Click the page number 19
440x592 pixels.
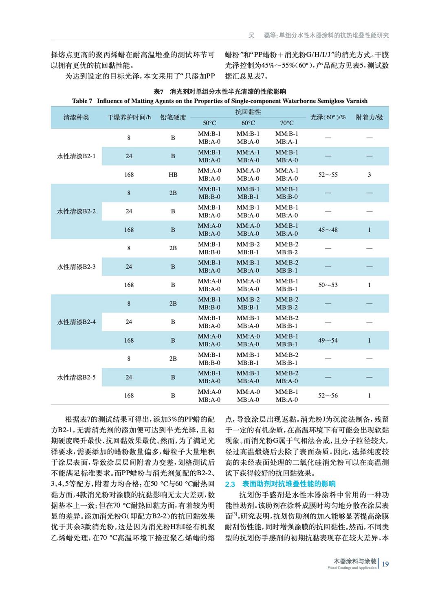point(385,564)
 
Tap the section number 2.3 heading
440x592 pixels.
point(230,484)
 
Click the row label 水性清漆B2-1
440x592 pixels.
point(76,156)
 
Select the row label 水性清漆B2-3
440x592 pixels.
point(76,267)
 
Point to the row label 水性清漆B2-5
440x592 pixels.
point(76,377)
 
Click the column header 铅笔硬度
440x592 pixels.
point(173,118)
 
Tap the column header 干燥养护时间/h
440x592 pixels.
point(129,118)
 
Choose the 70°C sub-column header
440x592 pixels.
point(286,123)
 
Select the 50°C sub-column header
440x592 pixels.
point(209,123)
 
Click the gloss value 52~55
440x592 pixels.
point(328,175)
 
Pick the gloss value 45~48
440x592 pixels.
point(328,230)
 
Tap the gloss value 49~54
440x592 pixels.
point(328,341)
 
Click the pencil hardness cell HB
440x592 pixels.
point(173,175)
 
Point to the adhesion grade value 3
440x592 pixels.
point(369,175)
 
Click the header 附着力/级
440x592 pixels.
point(369,118)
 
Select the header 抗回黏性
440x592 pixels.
point(248,112)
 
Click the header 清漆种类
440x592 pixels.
point(76,118)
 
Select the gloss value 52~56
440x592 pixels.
point(328,395)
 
